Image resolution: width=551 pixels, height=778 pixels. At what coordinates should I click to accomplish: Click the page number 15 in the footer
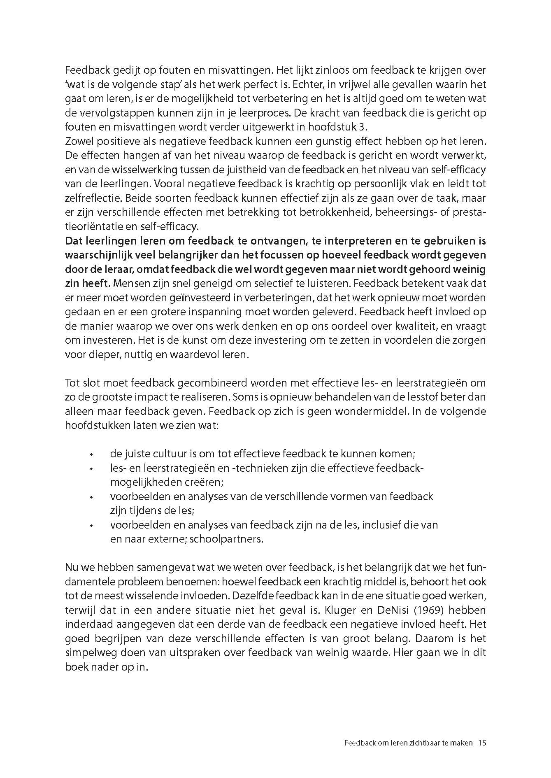coord(482,743)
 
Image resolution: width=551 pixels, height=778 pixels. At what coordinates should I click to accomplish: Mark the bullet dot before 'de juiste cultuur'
coord(92,454)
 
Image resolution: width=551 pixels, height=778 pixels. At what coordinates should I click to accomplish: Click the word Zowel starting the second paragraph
coord(79,142)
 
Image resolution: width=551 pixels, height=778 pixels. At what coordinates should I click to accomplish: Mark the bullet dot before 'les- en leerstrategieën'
coord(92,468)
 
